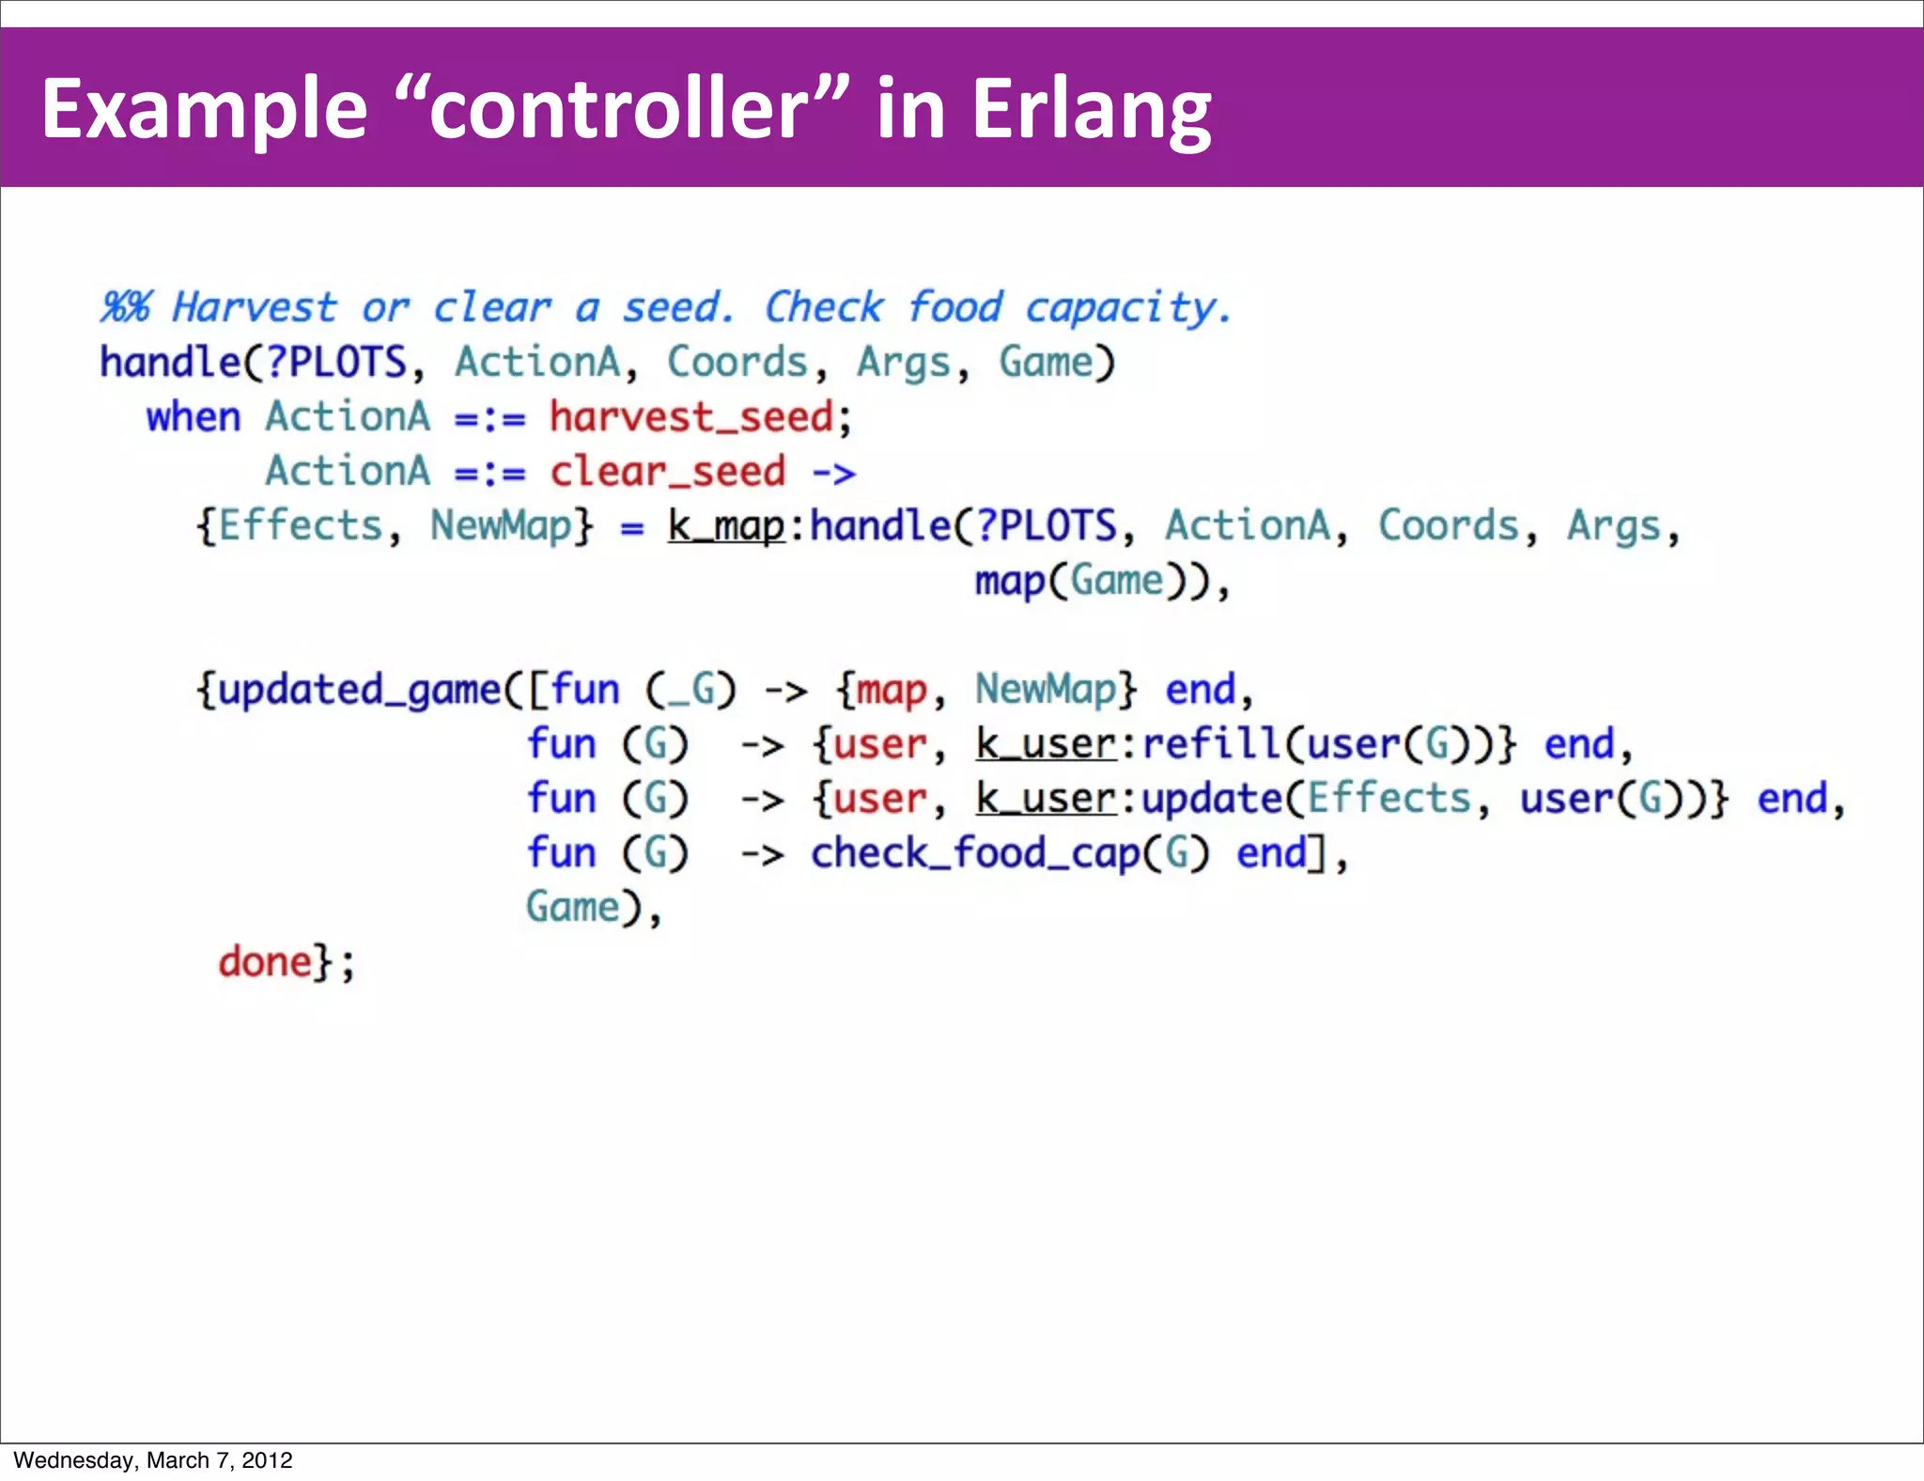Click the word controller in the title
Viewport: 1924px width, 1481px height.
(x=620, y=110)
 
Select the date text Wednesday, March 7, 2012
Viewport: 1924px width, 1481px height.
(x=153, y=1460)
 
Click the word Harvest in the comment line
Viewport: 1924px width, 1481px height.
(x=254, y=307)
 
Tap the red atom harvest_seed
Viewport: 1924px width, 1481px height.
(x=691, y=417)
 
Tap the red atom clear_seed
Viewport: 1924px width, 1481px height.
(x=668, y=472)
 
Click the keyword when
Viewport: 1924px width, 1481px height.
(x=194, y=417)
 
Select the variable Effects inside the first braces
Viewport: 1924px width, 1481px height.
(x=301, y=526)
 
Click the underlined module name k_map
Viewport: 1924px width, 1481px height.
(x=725, y=526)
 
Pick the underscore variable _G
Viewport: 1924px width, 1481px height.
(x=690, y=691)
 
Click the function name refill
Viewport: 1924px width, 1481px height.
(x=1211, y=744)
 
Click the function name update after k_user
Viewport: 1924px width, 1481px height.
(x=1211, y=799)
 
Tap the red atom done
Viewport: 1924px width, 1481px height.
(x=265, y=962)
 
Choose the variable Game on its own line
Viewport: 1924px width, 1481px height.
(x=573, y=908)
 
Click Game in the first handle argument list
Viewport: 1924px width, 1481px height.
(x=1045, y=363)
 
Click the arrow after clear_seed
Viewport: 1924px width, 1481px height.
(x=834, y=472)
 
